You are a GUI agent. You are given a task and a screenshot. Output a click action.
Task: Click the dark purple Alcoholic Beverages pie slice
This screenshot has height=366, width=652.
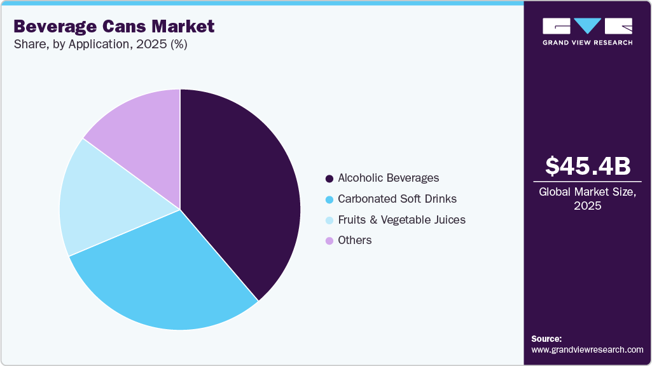tap(242, 191)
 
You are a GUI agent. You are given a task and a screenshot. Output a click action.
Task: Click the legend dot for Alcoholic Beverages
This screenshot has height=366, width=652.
tap(329, 179)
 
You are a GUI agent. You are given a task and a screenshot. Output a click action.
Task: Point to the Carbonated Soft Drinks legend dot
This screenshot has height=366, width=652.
tap(329, 200)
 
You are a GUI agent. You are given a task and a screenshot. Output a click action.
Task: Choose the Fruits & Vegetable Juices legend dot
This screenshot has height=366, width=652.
tap(329, 220)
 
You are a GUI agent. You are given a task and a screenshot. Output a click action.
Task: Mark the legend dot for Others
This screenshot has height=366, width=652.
tap(329, 241)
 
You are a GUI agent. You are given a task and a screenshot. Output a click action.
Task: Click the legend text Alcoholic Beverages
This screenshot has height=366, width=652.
tap(388, 179)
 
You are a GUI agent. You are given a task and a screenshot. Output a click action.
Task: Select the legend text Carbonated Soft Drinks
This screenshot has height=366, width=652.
tap(397, 199)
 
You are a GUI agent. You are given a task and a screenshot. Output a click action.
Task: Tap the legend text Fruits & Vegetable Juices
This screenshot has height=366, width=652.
tap(401, 220)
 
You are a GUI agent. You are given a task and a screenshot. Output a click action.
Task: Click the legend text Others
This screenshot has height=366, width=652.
tap(355, 240)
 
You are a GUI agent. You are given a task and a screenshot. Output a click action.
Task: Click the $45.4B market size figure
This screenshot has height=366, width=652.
tap(588, 166)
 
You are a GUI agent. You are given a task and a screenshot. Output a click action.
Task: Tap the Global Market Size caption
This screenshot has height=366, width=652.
tap(588, 199)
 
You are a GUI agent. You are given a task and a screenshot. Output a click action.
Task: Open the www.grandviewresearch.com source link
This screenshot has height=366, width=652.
tap(587, 349)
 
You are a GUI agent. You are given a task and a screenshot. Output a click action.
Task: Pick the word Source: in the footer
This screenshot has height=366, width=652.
tap(546, 339)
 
